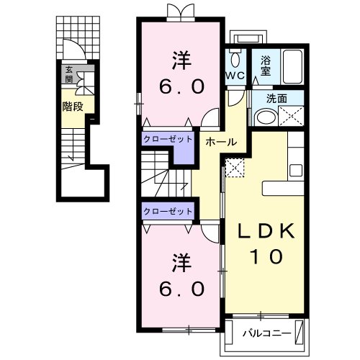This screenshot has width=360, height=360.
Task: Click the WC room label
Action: (x=235, y=76)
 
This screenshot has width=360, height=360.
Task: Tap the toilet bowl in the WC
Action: (x=235, y=58)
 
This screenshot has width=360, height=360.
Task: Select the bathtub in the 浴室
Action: (x=292, y=66)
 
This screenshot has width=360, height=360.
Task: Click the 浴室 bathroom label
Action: (x=266, y=66)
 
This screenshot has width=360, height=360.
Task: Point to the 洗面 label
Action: (x=276, y=99)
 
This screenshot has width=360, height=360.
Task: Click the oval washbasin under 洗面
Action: (x=266, y=117)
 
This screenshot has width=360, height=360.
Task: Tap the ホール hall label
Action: (x=221, y=142)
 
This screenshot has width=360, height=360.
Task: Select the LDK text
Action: (x=266, y=230)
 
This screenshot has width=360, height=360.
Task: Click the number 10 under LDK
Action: (x=266, y=256)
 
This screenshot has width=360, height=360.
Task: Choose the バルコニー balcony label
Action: (x=266, y=333)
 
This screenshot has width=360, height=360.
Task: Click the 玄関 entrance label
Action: (x=69, y=74)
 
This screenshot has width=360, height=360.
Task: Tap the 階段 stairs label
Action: (x=73, y=107)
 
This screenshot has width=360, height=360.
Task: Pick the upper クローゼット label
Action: (x=168, y=139)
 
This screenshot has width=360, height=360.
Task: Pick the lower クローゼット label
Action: (x=168, y=211)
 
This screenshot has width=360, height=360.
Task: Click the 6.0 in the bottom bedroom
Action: (x=181, y=289)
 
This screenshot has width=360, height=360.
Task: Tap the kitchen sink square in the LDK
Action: (x=296, y=171)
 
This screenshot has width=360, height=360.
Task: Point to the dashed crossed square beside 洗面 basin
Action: (x=291, y=116)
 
